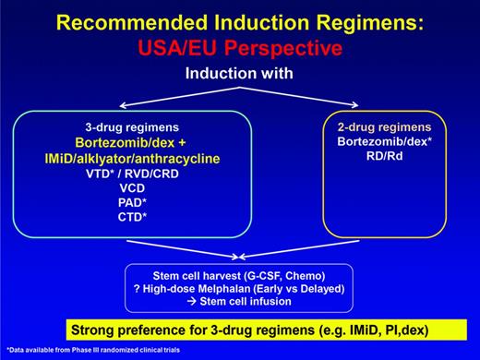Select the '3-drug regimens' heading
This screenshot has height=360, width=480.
[138, 130]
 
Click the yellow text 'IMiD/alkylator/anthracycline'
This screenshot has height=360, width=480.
[138, 160]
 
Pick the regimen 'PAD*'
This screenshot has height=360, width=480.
[138, 204]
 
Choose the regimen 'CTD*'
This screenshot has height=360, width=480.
[138, 220]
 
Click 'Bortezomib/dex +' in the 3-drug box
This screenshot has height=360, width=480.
[138, 145]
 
